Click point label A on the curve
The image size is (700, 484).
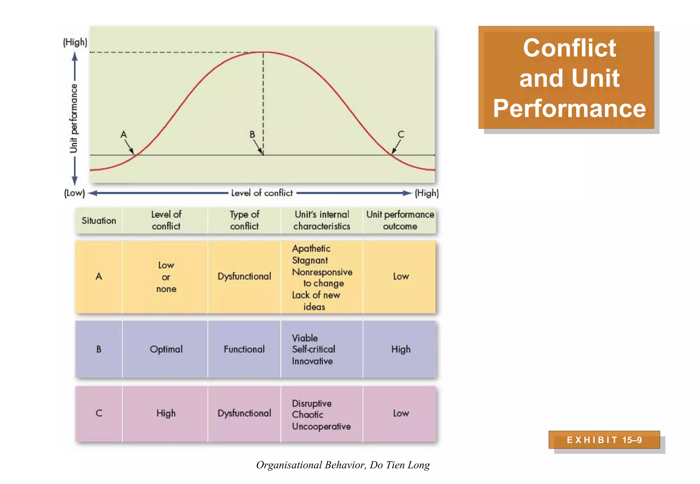124,135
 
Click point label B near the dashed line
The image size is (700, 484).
252,135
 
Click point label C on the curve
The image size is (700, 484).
401,134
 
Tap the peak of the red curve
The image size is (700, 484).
264,52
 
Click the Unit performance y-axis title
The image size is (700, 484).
74,118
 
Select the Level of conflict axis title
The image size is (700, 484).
262,193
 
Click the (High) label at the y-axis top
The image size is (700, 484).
75,42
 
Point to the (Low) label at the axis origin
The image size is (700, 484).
75,193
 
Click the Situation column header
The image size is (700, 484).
99,221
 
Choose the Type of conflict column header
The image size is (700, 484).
244,220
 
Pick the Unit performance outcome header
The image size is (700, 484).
400,220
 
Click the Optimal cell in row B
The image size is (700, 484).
166,349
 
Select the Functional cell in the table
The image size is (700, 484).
244,349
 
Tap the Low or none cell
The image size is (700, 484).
166,277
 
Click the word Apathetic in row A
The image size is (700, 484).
311,248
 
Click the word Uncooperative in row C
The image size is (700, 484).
321,427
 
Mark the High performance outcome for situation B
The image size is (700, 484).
401,349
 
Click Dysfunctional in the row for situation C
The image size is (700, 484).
244,413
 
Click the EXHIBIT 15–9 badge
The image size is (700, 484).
604,440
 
